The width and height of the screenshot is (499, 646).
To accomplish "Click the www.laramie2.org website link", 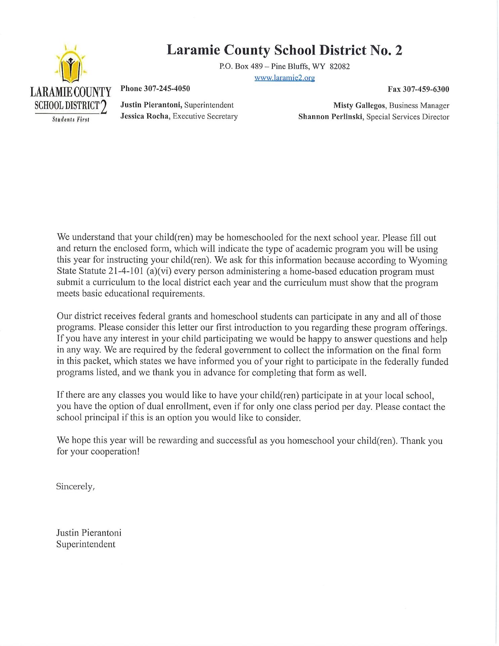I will (x=284, y=78).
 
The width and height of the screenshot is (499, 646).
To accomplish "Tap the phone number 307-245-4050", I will (x=167, y=88).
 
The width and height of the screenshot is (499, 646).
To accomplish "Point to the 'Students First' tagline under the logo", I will (x=71, y=119).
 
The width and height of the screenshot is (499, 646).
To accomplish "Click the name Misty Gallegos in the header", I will (x=359, y=105).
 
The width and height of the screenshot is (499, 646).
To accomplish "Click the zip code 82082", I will (x=340, y=66).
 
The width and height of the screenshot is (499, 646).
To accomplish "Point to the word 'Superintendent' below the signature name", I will (x=86, y=544).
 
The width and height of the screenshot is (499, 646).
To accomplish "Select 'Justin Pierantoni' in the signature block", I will (x=89, y=533).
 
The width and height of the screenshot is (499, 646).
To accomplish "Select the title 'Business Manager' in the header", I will (x=419, y=105).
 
